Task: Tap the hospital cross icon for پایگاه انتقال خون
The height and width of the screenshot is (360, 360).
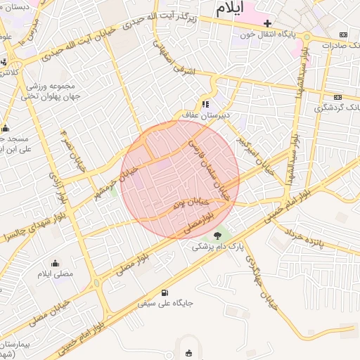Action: click(x=266, y=23)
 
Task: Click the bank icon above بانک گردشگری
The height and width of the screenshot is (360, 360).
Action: click(x=337, y=96)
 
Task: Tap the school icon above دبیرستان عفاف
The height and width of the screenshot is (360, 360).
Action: click(x=205, y=104)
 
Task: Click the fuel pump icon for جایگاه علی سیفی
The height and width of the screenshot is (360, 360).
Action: click(x=165, y=292)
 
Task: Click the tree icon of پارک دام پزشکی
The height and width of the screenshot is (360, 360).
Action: click(x=217, y=236)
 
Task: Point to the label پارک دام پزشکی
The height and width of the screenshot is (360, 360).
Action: click(x=219, y=247)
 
